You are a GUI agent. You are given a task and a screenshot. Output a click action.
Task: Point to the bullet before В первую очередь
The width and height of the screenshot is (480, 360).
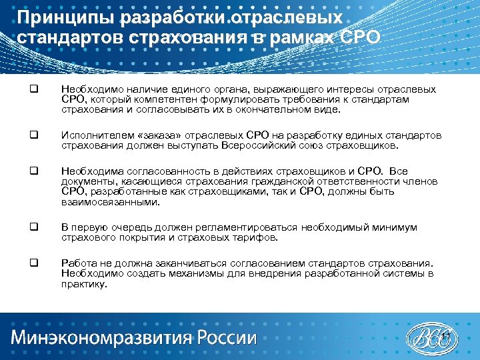click(32, 227)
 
